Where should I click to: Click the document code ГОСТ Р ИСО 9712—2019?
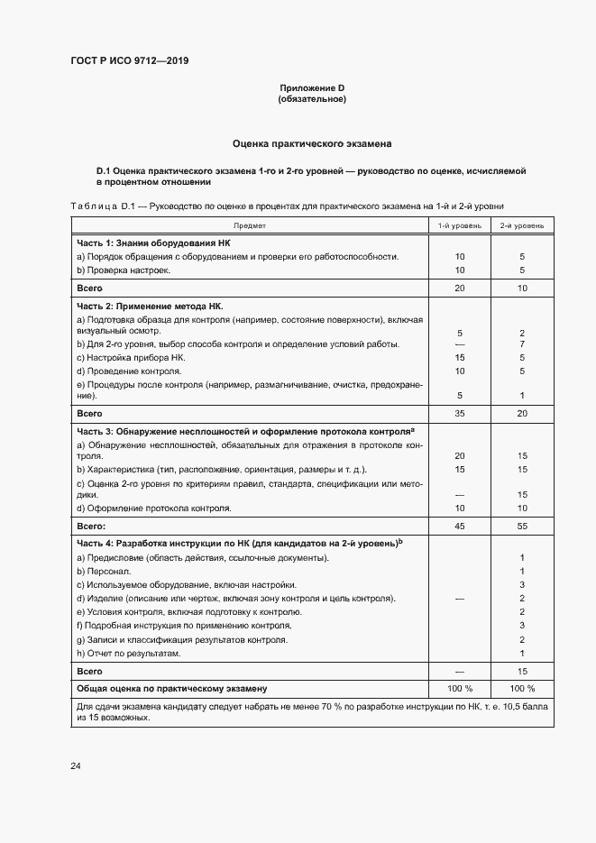tap(130, 61)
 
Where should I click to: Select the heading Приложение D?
tap(312, 88)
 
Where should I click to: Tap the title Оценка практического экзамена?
tap(312, 142)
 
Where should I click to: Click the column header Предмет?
tap(250, 224)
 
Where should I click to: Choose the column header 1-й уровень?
tap(459, 224)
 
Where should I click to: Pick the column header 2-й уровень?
tap(522, 224)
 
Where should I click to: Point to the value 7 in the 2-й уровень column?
tap(522, 344)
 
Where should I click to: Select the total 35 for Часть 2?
tap(459, 413)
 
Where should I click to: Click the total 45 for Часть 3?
tap(459, 525)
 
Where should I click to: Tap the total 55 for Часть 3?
tap(522, 525)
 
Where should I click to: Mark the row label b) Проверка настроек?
tap(124, 270)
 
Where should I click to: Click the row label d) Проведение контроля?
tap(129, 371)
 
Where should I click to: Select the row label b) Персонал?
tap(106, 572)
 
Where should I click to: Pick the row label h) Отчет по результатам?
tap(129, 653)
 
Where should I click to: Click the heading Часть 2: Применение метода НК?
tap(150, 307)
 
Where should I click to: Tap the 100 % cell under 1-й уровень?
tap(459, 689)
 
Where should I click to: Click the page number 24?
tap(76, 765)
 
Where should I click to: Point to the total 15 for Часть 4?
tap(522, 672)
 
